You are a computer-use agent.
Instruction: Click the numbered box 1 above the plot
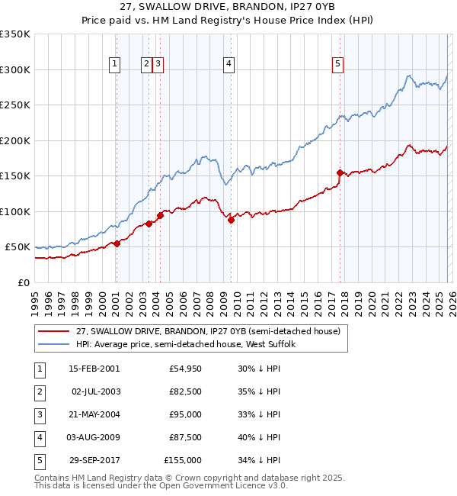click(115, 65)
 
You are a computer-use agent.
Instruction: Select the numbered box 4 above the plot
click(228, 65)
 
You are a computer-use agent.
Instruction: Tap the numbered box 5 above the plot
click(337, 65)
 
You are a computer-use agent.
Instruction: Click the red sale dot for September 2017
click(340, 172)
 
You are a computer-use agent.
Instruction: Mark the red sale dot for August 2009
click(231, 221)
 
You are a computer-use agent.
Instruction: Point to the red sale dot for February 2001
click(117, 243)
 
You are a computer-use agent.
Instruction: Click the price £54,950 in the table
click(186, 369)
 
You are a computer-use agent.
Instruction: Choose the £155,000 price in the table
click(184, 460)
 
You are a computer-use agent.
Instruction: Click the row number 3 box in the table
click(38, 414)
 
